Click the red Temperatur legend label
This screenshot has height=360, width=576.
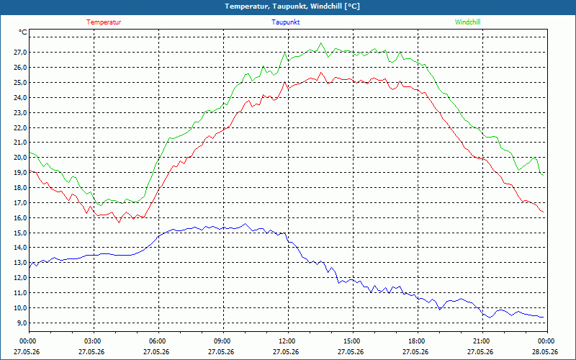click(x=104, y=22)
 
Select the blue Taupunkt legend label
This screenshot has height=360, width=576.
click(x=286, y=22)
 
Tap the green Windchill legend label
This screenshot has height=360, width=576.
click(x=467, y=22)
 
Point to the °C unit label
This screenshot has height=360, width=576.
click(x=23, y=32)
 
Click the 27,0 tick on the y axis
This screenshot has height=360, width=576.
click(x=20, y=53)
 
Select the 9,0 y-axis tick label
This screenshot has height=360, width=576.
click(x=22, y=323)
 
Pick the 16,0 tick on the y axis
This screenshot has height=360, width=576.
click(x=20, y=218)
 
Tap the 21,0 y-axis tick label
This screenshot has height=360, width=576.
click(x=20, y=143)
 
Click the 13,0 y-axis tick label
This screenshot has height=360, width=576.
click(x=20, y=263)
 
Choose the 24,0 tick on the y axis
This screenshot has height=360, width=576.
click(x=20, y=98)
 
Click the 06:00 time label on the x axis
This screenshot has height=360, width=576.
click(x=158, y=341)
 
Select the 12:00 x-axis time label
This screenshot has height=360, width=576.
click(x=288, y=341)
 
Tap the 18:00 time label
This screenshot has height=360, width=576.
click(x=418, y=341)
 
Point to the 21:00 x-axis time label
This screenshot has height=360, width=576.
click(x=482, y=341)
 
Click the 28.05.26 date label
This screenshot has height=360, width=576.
click(x=545, y=352)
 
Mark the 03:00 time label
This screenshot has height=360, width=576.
click(x=94, y=341)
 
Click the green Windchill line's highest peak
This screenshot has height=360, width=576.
click(x=320, y=43)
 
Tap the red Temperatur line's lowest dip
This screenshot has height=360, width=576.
click(x=119, y=222)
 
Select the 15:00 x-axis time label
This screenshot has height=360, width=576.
click(x=353, y=341)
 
